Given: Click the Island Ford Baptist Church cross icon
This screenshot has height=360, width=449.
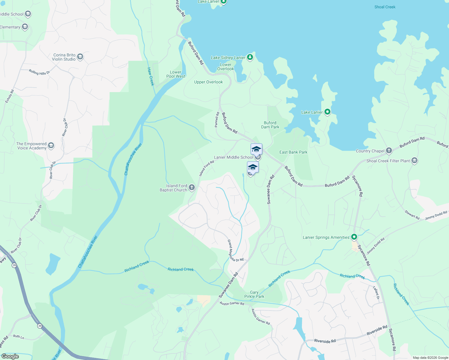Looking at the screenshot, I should coord(192,188).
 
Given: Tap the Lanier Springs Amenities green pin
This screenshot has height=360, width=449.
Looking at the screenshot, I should coord(354,237).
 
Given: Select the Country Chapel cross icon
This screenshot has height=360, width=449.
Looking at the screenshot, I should coord(389,151).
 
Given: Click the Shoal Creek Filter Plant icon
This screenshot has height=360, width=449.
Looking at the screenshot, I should coord(414,160).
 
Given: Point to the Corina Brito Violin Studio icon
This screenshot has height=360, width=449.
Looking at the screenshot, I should coord(80,57).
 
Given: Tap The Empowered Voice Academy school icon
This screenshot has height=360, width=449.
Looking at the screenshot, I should coord(51,145).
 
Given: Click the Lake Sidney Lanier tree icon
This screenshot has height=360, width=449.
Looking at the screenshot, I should coord(250,57).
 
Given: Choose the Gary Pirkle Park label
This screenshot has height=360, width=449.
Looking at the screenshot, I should coord(254,294).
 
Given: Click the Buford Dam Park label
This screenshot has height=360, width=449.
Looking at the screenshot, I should coord(270,125).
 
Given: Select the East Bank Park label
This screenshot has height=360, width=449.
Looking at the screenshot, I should coord(293,152).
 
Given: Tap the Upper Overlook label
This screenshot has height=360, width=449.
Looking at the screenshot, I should coord(208,82).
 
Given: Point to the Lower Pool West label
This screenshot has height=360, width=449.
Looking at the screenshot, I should coord(176,74).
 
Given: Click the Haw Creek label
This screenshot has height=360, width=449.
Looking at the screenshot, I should coord(150,76).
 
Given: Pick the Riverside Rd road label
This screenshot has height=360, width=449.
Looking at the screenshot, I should coord(377,330).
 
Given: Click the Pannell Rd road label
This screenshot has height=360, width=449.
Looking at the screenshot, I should coord(217,120).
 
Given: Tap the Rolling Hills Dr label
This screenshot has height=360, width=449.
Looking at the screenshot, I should coord(39,72).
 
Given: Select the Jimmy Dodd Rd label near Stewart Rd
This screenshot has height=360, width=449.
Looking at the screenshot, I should coord(436,215).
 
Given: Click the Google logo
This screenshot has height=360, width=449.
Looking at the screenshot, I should coord(10,356).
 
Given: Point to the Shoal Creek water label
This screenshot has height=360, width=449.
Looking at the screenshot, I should coord(385,7).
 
